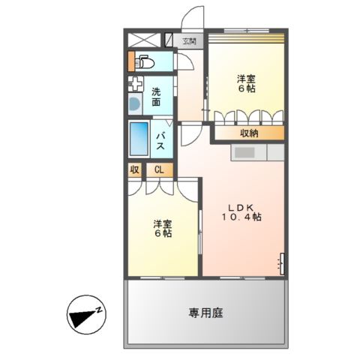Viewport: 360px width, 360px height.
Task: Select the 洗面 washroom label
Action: pyautogui.click(x=156, y=96)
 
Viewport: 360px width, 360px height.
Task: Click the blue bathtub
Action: pyautogui.click(x=139, y=138)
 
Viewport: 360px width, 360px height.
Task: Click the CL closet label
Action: pyautogui.click(x=159, y=169)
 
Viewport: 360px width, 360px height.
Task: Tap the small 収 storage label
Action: pyautogui.click(x=134, y=169)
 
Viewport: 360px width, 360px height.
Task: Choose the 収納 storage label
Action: pyautogui.click(x=250, y=133)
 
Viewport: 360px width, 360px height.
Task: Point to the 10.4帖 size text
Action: pyautogui.click(x=241, y=217)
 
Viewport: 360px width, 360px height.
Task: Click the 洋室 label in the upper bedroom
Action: pyautogui.click(x=247, y=78)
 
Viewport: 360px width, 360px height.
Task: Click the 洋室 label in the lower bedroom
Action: pyautogui.click(x=163, y=223)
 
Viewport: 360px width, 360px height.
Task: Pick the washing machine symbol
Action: pyautogui.click(x=135, y=104)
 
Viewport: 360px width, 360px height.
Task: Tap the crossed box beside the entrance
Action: pyautogui.click(x=143, y=41)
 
